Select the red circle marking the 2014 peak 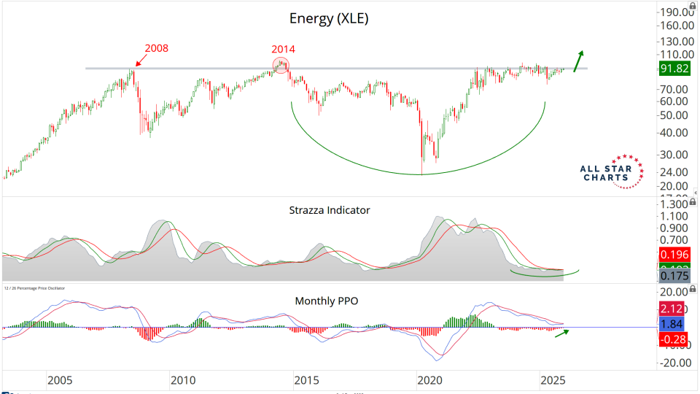[281, 66]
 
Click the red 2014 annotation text [284, 49]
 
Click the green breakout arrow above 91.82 [578, 61]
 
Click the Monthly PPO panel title [326, 300]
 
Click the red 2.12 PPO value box [671, 309]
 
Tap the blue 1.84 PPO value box [671, 324]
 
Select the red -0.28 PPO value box [671, 339]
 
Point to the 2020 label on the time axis [430, 380]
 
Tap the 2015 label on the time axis [306, 380]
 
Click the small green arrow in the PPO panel [562, 332]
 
